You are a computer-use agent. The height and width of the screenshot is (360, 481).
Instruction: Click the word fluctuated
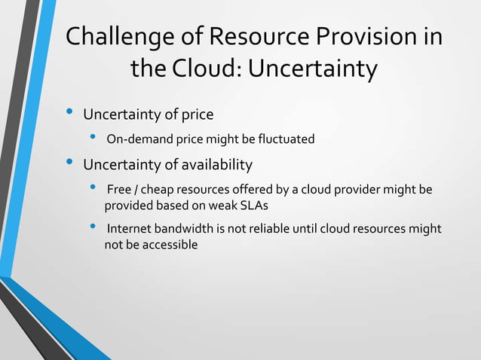click(285, 139)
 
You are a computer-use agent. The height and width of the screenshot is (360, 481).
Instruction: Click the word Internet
click(131, 230)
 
